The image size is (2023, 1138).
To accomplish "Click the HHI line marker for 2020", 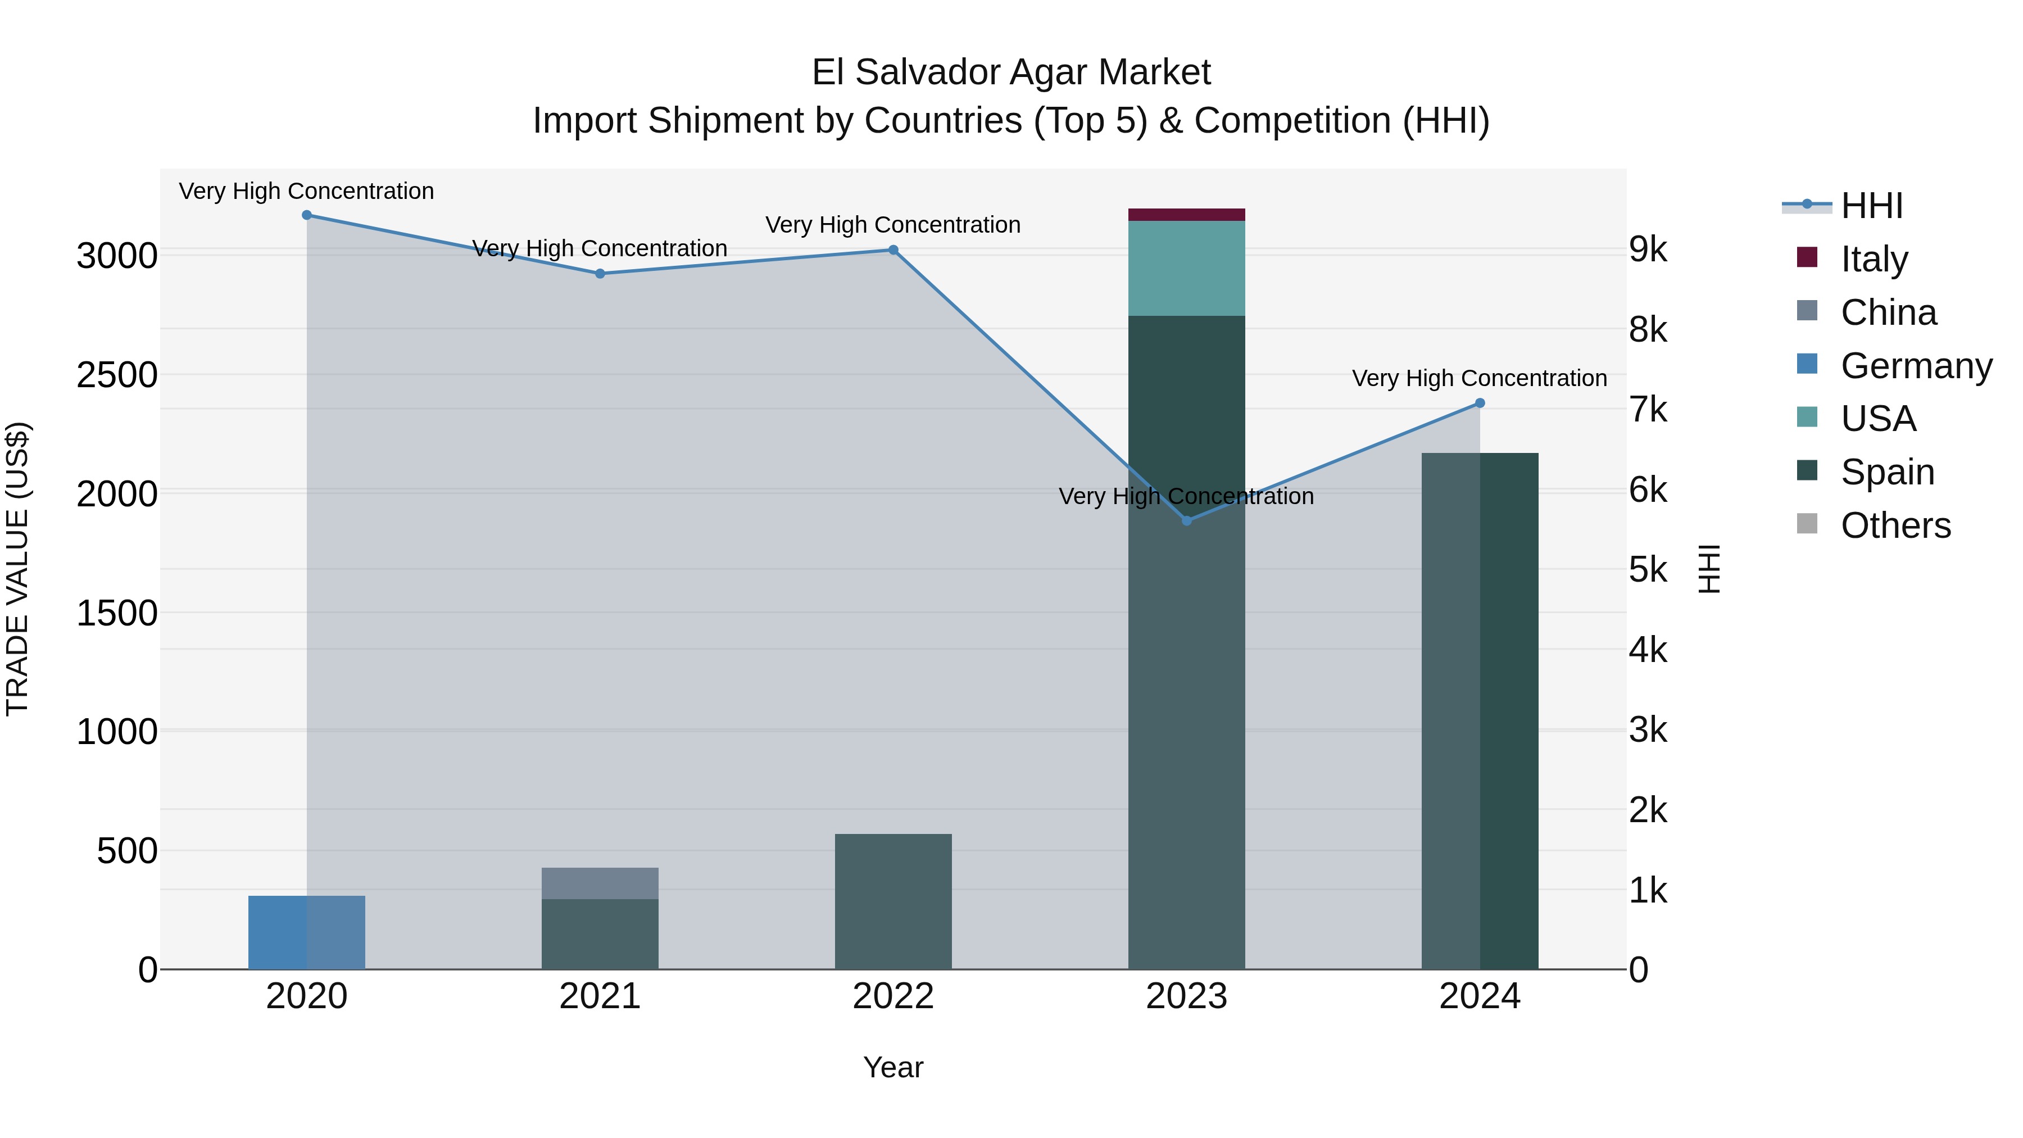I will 307,215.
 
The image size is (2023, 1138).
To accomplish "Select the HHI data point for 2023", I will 1187,521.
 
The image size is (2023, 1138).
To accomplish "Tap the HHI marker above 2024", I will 1480,403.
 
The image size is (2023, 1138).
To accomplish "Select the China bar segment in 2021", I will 600,883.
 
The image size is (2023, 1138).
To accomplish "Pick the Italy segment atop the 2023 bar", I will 1187,215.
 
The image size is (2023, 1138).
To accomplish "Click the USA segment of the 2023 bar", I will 1187,269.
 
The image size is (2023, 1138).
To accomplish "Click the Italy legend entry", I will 1874,259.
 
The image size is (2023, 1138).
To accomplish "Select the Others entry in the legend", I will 1895,525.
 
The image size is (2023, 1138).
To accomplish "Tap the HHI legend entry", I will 1871,206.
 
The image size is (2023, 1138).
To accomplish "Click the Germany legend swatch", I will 1807,364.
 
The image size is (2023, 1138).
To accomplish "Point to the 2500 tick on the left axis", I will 116,375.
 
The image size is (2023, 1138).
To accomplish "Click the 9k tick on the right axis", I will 1648,249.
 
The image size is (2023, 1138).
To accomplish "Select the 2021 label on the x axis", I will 600,996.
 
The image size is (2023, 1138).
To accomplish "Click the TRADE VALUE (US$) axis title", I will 17,569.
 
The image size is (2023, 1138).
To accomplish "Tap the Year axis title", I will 893,1067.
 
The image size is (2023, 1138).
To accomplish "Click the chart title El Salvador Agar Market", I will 1011,72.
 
